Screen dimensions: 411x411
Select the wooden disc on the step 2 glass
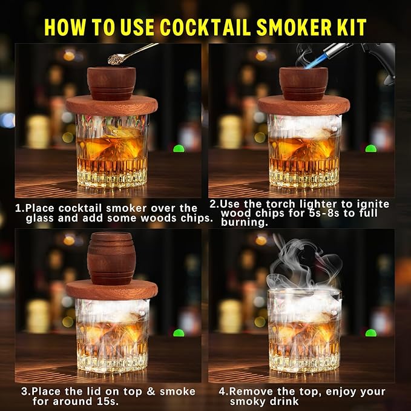pyautogui.click(x=302, y=105)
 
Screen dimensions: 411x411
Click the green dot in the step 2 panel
pyautogui.click(x=370, y=148)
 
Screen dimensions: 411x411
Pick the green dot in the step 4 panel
pyautogui.click(x=370, y=332)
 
